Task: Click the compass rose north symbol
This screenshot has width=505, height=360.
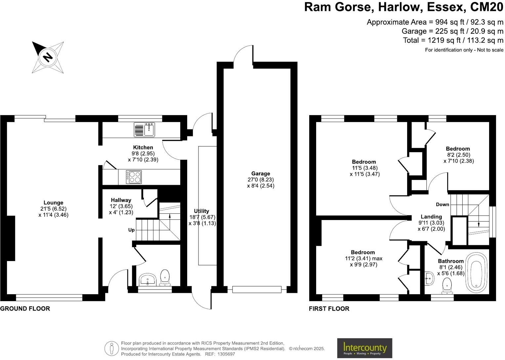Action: coord(48,57)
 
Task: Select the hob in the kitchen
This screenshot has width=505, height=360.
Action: coord(134,177)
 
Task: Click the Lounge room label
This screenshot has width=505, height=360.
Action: coord(53,203)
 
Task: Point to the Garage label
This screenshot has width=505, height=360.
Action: coord(261,173)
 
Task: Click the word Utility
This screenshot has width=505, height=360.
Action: coord(201,211)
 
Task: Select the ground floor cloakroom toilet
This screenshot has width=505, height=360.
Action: coord(165,277)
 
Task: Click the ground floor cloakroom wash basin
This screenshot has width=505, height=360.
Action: coord(147,280)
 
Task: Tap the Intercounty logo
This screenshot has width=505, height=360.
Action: coord(364,348)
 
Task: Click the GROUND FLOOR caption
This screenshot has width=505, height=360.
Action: coord(25,309)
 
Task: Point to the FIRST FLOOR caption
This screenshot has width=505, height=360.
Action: coord(329,309)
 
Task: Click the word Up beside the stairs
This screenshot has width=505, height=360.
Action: coord(131,230)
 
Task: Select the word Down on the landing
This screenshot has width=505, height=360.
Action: coord(442,204)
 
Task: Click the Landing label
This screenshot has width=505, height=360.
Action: coord(431,217)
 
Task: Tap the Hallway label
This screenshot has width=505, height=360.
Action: coord(121,200)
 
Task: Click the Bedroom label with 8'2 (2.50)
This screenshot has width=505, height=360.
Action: coord(458,149)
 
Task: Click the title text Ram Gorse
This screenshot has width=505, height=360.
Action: coord(338,7)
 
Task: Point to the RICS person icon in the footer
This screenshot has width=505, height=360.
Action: coord(111,349)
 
